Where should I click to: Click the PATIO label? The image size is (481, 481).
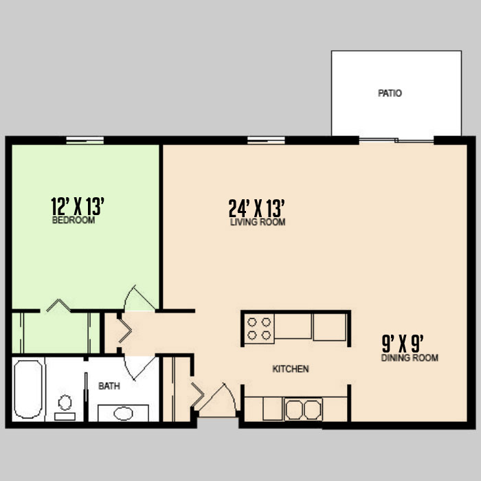coord(390,93)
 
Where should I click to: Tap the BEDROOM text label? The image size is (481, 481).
coord(74,221)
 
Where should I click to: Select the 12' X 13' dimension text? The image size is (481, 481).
coord(78,206)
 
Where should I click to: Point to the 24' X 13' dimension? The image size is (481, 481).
coord(257,208)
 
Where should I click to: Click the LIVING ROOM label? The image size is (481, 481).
coord(258,222)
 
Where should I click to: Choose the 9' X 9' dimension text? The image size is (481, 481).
coord(403,344)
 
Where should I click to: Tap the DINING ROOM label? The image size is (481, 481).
coord(410,358)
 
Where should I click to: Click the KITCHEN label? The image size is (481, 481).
coord(291,369)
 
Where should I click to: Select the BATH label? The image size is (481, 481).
coord(109,386)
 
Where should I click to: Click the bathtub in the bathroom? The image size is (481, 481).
coord(28,390)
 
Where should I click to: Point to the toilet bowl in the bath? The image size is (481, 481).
coord(65,403)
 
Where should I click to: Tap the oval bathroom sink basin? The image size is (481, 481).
coord(123,413)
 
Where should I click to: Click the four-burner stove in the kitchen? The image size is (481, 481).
coord(259,329)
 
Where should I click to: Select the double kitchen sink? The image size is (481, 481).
coord(303,410)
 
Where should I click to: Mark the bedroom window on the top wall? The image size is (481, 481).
coord(85,140)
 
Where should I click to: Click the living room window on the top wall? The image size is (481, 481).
coord(267,140)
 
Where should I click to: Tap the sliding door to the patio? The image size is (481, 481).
coord(396,140)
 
